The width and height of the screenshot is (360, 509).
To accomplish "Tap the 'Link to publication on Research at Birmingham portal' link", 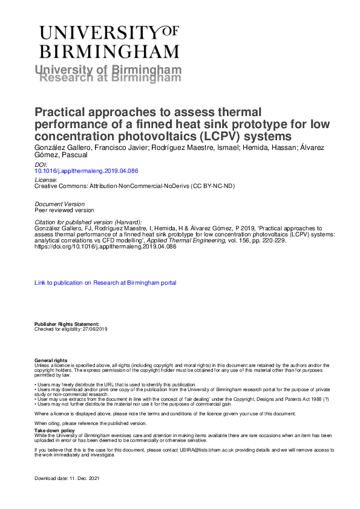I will coord(105,282).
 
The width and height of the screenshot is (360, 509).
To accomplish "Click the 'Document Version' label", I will coord(60,204).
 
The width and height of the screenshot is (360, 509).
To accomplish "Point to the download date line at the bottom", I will coord(66,478).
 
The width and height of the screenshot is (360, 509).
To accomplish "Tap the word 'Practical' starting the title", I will coord(61,112).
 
